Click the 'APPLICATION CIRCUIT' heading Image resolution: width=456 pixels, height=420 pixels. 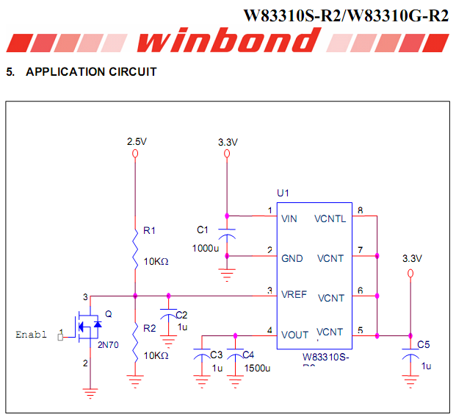[91, 72]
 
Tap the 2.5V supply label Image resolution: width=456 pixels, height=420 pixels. [137, 141]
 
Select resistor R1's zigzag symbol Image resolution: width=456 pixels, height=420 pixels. [136, 246]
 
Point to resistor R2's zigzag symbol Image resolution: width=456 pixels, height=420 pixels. [136, 342]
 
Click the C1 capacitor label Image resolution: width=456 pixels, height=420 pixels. [203, 229]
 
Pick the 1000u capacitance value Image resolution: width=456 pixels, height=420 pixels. [206, 248]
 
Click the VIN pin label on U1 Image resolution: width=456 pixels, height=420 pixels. [289, 218]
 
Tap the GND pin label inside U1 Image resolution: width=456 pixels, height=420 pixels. [292, 258]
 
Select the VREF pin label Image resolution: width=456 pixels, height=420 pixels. [294, 295]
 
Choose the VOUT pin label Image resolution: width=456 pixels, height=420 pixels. [294, 335]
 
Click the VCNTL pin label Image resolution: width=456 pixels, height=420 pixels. [330, 218]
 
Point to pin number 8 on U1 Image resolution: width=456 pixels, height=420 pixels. [359, 211]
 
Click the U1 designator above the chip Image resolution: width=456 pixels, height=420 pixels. [283, 193]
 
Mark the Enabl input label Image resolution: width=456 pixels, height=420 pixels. [31, 335]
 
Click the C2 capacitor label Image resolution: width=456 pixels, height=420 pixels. [181, 315]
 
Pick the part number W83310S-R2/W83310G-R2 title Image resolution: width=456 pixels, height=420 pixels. [345, 15]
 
